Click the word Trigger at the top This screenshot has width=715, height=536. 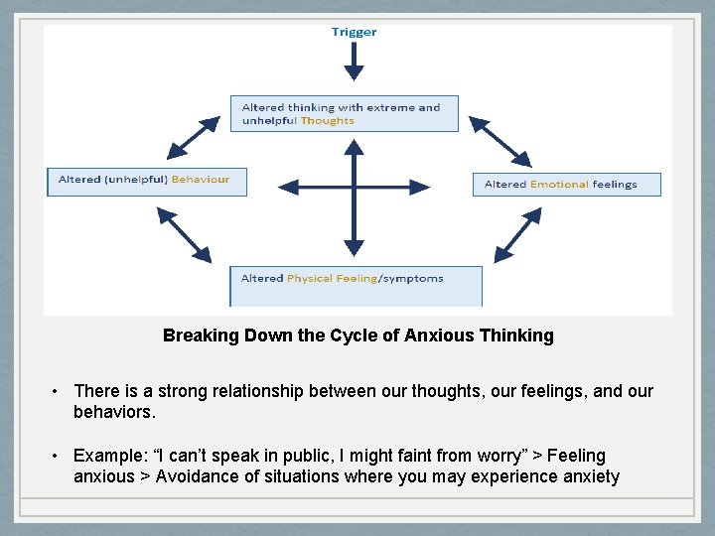(x=354, y=32)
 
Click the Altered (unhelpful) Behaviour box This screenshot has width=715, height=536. (x=146, y=181)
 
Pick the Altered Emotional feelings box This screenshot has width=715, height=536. (x=566, y=184)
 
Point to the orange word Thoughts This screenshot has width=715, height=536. (x=328, y=121)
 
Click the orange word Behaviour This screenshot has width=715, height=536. (x=201, y=180)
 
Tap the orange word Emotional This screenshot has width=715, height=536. (x=559, y=185)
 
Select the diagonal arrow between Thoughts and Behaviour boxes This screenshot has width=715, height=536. (x=194, y=138)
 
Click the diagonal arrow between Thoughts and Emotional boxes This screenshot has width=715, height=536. (x=500, y=141)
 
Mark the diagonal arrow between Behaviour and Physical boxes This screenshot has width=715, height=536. (x=185, y=235)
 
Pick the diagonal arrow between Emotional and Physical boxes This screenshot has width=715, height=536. (x=516, y=238)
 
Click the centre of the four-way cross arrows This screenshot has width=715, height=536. (x=354, y=187)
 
